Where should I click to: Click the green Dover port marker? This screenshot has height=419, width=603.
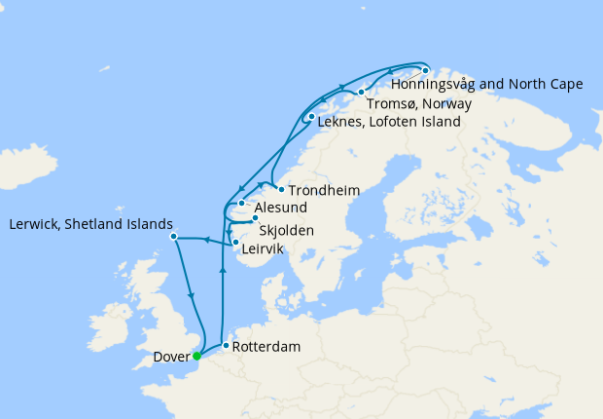pyautogui.click(x=197, y=356)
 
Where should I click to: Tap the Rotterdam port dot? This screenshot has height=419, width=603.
pyautogui.click(x=227, y=346)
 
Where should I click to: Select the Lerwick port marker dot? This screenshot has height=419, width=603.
pyautogui.click(x=173, y=236)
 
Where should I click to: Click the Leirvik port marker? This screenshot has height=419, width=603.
pyautogui.click(x=235, y=242)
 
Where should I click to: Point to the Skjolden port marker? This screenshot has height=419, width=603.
pyautogui.click(x=255, y=218)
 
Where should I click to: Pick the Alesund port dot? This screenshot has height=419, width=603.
pyautogui.click(x=241, y=203)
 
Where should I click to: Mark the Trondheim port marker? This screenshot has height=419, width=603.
pyautogui.click(x=280, y=189)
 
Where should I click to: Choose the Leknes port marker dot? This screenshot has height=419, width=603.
pyautogui.click(x=310, y=118)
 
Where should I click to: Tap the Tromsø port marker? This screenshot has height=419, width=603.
pyautogui.click(x=361, y=92)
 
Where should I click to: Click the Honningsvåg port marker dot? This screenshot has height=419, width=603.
pyautogui.click(x=425, y=70)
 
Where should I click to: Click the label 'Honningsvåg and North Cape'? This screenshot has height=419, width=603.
pyautogui.click(x=493, y=84)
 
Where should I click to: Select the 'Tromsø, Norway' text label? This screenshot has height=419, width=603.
pyautogui.click(x=419, y=103)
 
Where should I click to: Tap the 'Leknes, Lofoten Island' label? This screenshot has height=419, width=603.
pyautogui.click(x=387, y=124)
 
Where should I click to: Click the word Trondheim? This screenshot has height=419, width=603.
pyautogui.click(x=323, y=190)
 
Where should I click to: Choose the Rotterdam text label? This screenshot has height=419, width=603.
pyautogui.click(x=267, y=347)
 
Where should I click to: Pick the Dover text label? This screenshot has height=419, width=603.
pyautogui.click(x=171, y=357)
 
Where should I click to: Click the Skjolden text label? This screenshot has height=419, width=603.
pyautogui.click(x=289, y=232)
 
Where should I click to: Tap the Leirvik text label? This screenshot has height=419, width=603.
pyautogui.click(x=263, y=249)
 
